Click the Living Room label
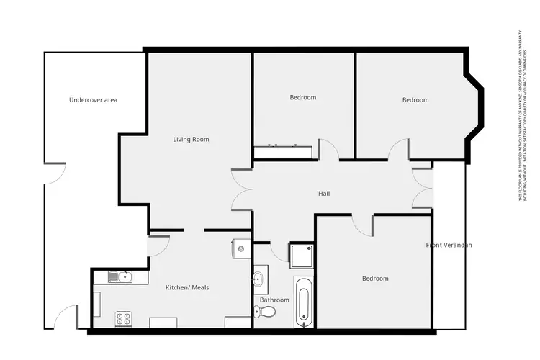191,139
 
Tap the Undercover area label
93,99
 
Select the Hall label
324,194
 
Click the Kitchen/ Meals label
187,287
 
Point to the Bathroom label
274,300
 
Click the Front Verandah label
449,246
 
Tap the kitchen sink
119,276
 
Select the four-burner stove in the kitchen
123,318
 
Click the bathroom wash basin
258,278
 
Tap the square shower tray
301,253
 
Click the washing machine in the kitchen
241,249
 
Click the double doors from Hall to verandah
422,189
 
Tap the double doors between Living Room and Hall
242,190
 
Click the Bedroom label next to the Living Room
302,97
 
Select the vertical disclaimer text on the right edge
520,115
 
